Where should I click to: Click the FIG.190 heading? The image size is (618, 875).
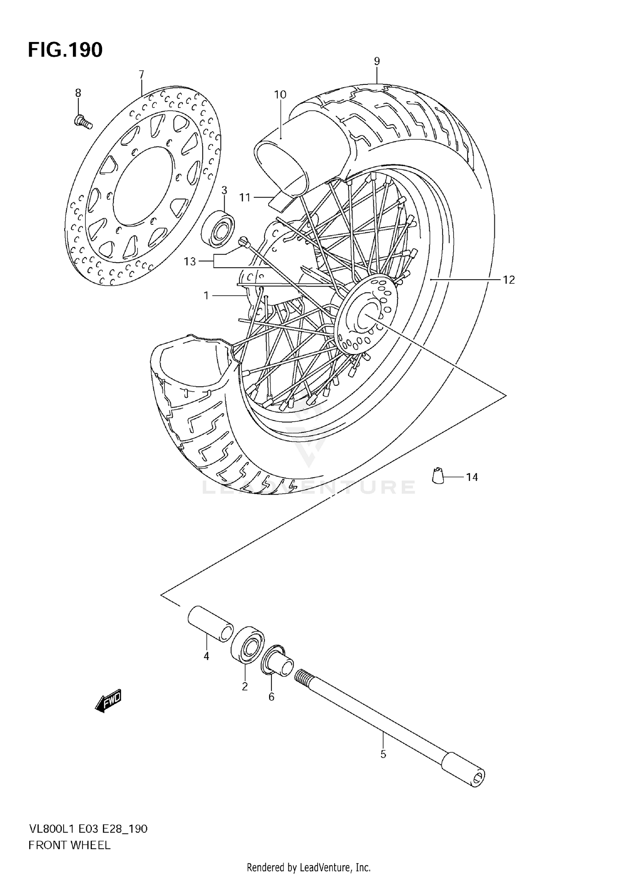coord(65,50)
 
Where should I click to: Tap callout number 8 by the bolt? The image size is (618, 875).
coord(78,93)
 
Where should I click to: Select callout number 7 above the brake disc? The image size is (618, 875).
coord(141,75)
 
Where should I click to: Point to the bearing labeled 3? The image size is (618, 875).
coord(218,229)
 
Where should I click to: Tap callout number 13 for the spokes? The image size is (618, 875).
coord(190,261)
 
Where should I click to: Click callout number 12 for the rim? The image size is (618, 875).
coord(509,280)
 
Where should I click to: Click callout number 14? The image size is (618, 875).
coord(472,477)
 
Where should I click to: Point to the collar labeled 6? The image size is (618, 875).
coord(278,664)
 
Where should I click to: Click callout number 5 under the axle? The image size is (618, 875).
coord(383,755)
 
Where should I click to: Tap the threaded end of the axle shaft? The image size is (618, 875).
coord(304,676)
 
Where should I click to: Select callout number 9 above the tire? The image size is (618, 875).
coord(377,61)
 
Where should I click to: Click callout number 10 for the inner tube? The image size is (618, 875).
coord(280,94)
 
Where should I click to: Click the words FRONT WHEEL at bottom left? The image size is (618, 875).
coord(69,845)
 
